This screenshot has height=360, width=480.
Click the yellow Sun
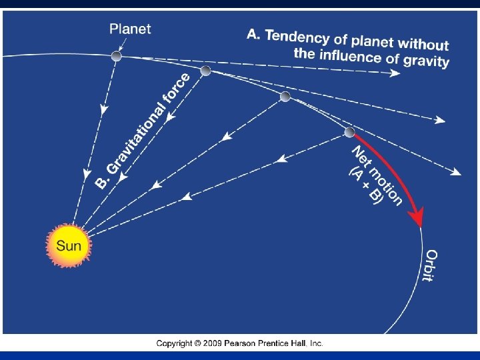click(x=68, y=245)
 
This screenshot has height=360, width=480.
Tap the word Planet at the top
click(x=131, y=29)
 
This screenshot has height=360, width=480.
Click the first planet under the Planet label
click(x=116, y=57)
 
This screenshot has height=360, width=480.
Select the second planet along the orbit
click(x=205, y=71)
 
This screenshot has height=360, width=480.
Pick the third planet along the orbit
click(x=285, y=97)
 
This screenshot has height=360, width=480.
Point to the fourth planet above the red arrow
click(x=349, y=132)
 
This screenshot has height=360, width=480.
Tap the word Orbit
click(x=431, y=265)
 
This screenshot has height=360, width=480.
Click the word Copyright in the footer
click(x=175, y=343)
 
